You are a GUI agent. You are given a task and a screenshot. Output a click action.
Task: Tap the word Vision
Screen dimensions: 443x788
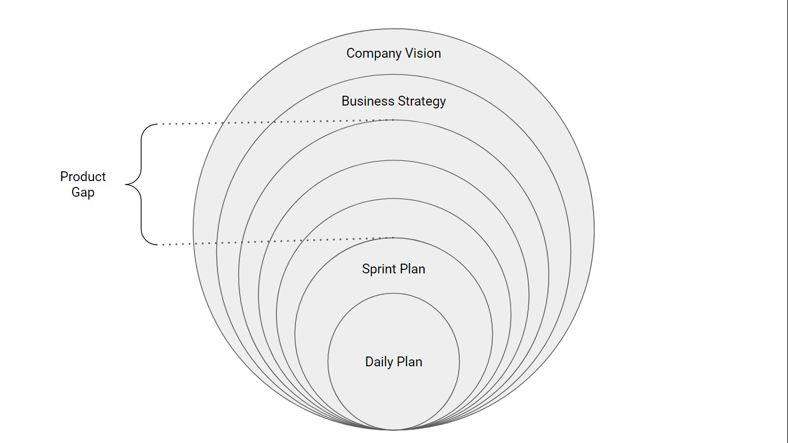[422, 53]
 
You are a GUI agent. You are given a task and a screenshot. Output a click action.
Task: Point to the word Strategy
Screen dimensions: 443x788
[419, 102]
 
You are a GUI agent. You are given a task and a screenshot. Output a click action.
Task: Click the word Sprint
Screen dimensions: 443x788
[378, 269]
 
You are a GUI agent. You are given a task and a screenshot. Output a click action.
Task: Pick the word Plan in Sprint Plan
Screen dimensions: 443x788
[412, 269]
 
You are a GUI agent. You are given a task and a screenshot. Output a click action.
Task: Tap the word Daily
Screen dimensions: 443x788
[378, 362]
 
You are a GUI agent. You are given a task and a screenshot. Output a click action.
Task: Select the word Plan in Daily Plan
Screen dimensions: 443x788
[410, 362]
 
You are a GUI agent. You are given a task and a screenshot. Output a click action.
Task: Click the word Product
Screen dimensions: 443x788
[83, 177]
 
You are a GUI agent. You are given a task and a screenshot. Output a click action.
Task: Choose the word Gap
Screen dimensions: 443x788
[83, 193]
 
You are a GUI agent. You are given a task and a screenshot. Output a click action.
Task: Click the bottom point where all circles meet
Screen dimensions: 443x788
[393, 430]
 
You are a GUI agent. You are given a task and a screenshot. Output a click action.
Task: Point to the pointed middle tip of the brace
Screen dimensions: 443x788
[126, 185]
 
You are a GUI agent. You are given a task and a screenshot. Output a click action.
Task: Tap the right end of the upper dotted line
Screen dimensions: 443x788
[393, 120]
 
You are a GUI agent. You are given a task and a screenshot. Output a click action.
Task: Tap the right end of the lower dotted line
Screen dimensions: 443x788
[393, 238]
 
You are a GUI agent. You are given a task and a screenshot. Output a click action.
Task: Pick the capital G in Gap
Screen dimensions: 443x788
[76, 193]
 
